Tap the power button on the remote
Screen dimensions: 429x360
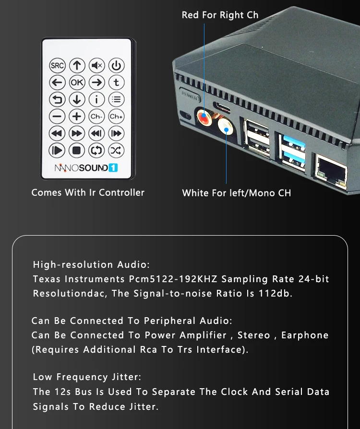pos(116,66)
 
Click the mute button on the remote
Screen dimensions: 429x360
pos(96,66)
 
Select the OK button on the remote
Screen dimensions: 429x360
pos(77,83)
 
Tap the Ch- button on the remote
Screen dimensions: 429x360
pos(96,116)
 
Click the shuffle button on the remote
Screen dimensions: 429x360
pos(116,150)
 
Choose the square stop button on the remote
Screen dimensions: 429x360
pos(77,150)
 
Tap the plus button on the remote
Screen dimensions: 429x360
pos(77,116)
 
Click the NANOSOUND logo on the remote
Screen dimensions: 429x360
pos(86,168)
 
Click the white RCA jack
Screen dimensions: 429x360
pos(225,128)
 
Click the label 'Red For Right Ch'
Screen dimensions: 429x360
pos(220,15)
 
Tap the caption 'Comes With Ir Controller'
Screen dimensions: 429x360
pos(88,192)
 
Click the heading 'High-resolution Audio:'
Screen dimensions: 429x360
pos(91,265)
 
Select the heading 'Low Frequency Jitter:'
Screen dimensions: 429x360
pos(87,377)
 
